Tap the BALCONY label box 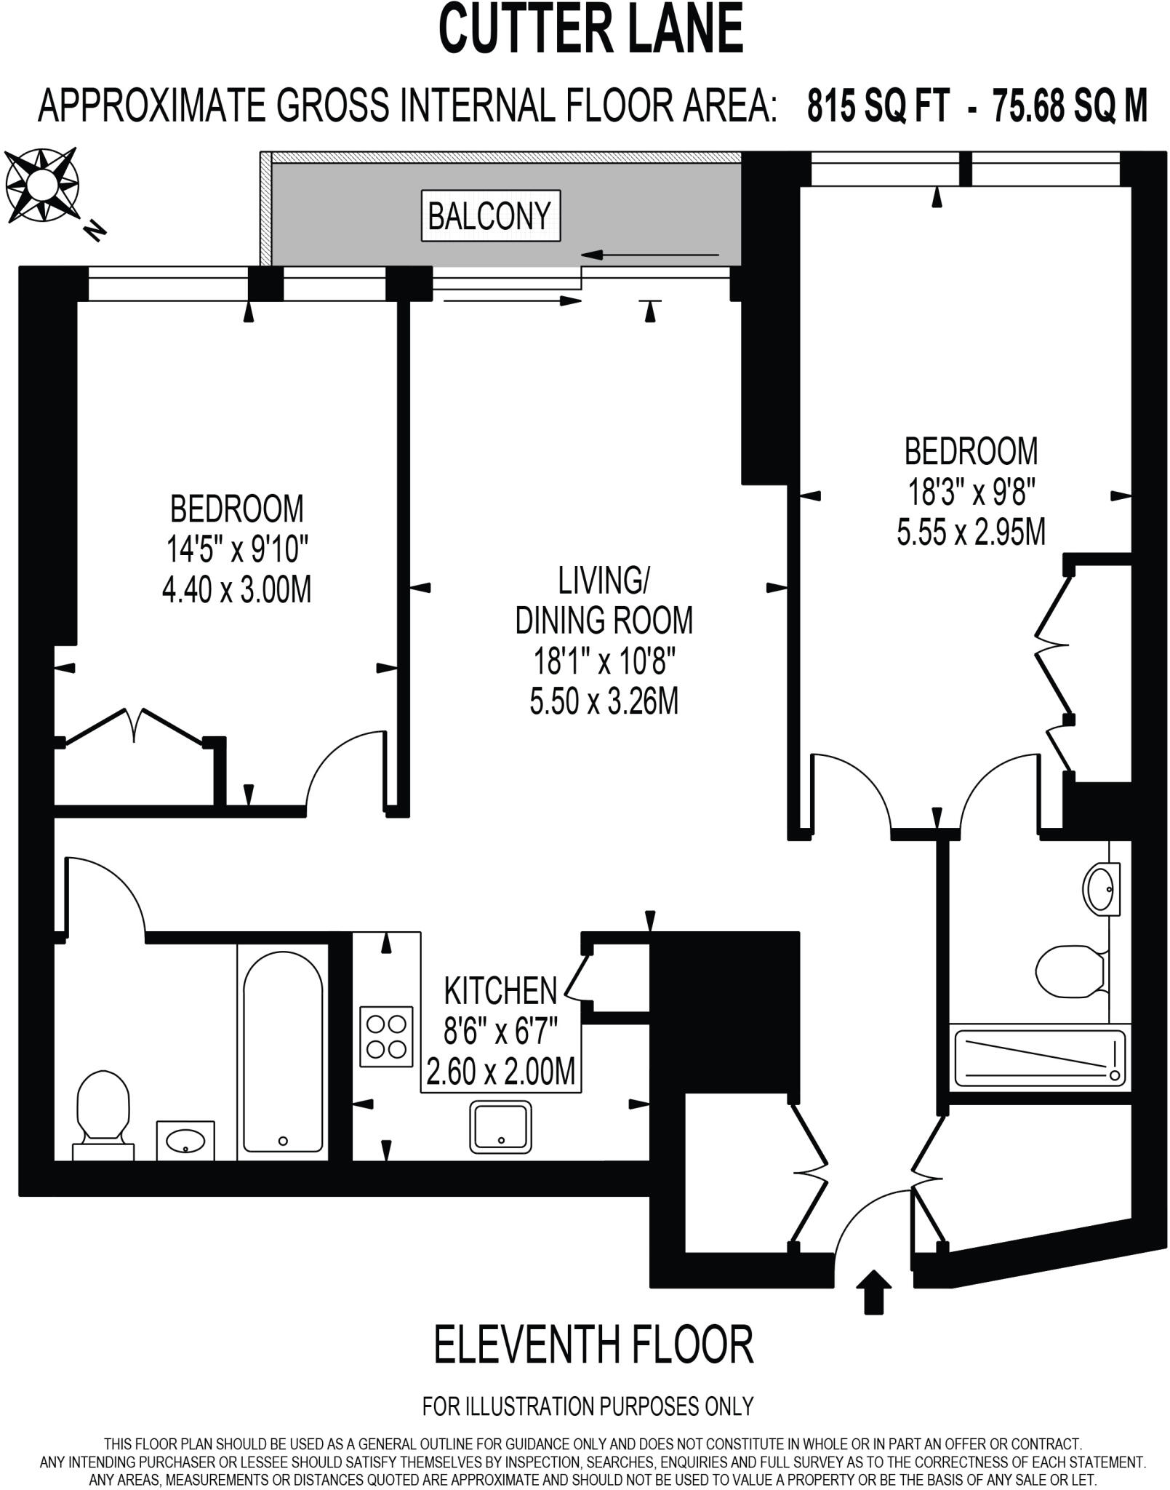point(491,216)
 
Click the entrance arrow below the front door point(873,1291)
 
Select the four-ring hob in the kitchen point(386,1035)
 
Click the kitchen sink point(500,1127)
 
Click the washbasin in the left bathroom point(185,1140)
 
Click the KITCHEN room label point(500,991)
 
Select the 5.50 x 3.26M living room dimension point(604,702)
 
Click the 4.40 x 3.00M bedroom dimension point(236,589)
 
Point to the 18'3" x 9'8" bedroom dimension point(971,493)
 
